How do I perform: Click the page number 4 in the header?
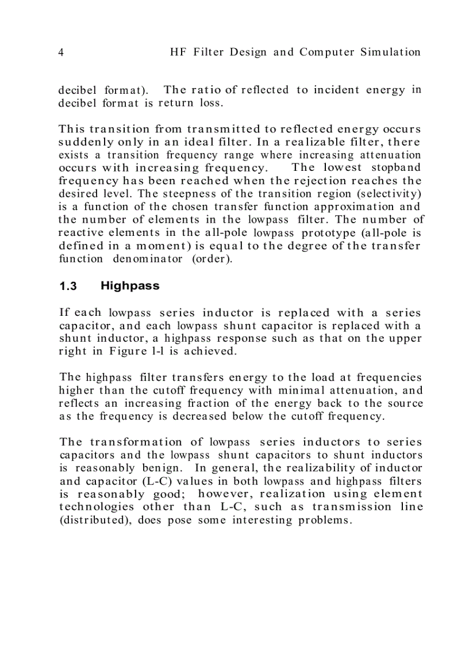coord(61,52)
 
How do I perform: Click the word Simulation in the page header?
coord(390,52)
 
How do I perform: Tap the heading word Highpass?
coord(130,286)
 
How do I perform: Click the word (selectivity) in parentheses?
coord(388,193)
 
